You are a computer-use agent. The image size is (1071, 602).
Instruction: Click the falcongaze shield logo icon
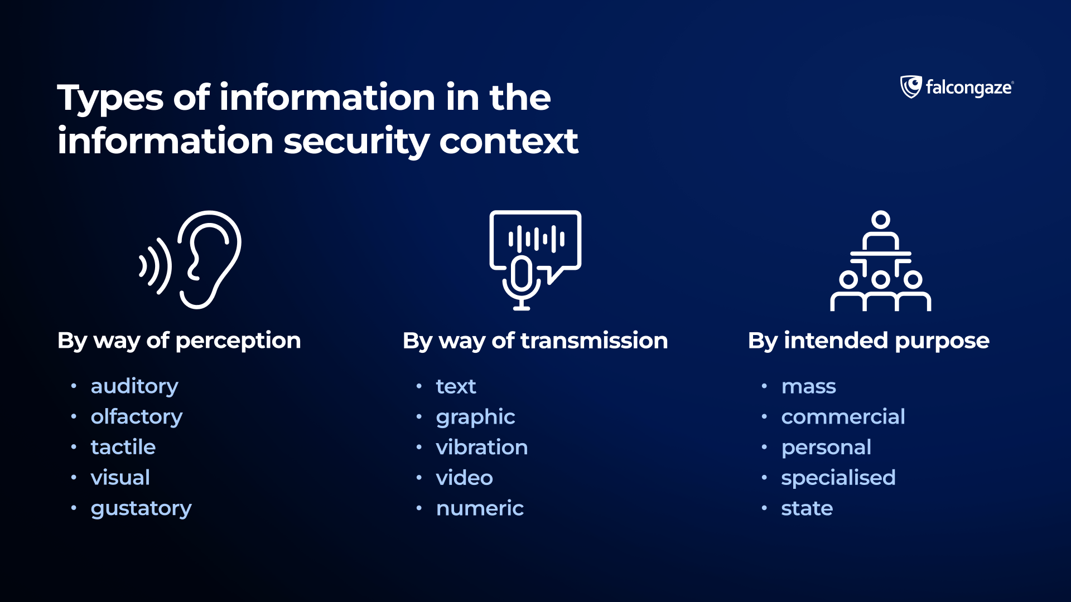click(911, 87)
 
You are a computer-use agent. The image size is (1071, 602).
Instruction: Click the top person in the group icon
click(881, 230)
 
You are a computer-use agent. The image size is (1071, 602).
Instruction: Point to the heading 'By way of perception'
click(179, 341)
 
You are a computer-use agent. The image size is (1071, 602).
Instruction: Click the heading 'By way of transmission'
click(535, 341)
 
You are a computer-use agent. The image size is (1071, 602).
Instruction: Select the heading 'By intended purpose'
click(869, 341)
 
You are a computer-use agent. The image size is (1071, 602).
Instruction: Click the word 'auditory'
click(134, 387)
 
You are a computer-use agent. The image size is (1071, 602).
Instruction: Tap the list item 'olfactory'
click(137, 417)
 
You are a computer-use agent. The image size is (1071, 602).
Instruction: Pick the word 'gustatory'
click(141, 509)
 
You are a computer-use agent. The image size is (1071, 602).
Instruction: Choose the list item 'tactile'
click(123, 447)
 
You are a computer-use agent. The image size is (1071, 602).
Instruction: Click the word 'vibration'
click(482, 447)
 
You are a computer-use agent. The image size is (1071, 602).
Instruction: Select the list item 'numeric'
click(480, 508)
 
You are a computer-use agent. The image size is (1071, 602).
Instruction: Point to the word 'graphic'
click(476, 417)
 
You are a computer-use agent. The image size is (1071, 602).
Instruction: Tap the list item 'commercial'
click(843, 417)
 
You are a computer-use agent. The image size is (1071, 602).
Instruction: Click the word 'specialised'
click(838, 478)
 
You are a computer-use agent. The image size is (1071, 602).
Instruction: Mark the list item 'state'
click(807, 508)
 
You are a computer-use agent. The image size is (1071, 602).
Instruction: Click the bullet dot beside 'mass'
click(764, 386)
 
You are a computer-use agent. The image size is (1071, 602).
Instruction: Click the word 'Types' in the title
click(110, 99)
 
